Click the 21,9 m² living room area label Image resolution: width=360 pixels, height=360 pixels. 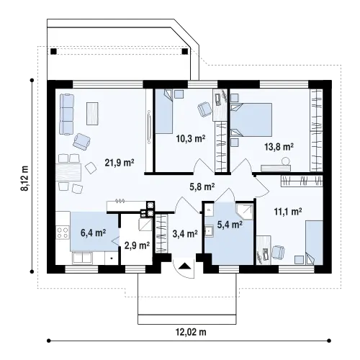120,163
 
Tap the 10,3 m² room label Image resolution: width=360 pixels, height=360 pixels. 191,138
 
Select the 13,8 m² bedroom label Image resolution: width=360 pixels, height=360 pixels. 279,147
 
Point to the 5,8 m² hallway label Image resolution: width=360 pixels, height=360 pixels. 202,186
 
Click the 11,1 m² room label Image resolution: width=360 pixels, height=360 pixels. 288,212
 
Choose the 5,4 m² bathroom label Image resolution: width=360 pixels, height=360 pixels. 230,225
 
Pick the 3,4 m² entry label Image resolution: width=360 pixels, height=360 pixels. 185,233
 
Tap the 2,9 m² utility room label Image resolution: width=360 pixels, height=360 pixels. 137,246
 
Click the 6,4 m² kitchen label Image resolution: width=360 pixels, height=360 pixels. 94,233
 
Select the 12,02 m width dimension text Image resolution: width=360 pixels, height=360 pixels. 191,332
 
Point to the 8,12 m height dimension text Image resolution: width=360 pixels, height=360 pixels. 24,179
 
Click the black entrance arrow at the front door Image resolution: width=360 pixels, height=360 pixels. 184,266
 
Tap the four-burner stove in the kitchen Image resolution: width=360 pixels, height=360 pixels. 63,233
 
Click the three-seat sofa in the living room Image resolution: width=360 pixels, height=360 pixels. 67,114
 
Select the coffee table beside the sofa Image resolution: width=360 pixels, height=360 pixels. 92,114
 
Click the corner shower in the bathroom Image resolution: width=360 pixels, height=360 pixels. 245,212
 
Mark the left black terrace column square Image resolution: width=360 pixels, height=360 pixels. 53,51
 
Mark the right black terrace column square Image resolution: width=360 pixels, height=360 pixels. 185,51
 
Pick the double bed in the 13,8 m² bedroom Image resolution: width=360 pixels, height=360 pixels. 251,120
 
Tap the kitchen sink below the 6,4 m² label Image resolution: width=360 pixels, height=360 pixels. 82,257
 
